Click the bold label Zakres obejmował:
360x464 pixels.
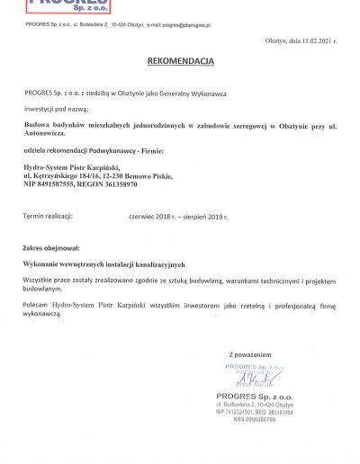pyautogui.click(x=51, y=246)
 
